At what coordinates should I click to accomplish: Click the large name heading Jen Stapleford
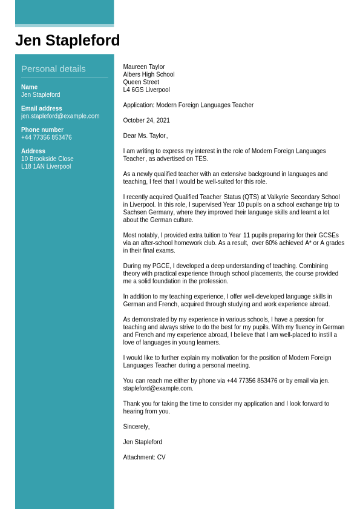click(x=67, y=41)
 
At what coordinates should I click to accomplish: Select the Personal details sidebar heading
click(x=53, y=69)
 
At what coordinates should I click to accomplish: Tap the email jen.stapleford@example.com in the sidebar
click(x=60, y=116)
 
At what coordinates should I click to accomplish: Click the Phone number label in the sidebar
click(x=42, y=130)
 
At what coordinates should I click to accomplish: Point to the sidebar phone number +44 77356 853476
click(x=46, y=137)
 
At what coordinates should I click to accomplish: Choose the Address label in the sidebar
click(x=33, y=151)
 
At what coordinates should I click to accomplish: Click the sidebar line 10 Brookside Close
click(x=47, y=159)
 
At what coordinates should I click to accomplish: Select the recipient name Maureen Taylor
click(x=144, y=67)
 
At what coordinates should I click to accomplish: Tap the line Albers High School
click(x=149, y=75)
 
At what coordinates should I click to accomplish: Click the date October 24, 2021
click(x=146, y=120)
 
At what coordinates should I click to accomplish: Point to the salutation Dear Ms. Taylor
click(x=145, y=136)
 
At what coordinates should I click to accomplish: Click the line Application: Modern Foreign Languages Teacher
click(x=188, y=105)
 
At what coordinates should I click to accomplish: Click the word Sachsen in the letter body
click(x=134, y=212)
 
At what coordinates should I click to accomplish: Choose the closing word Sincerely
click(x=136, y=427)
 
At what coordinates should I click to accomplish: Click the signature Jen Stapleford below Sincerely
click(x=143, y=442)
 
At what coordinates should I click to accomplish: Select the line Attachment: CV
click(x=144, y=458)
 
